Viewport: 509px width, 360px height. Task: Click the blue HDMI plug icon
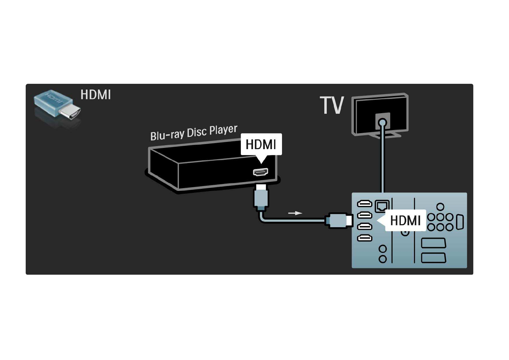pos(57,105)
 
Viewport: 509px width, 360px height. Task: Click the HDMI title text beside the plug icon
pos(96,95)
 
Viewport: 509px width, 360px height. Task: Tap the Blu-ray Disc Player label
pos(194,133)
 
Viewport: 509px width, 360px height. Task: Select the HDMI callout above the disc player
pos(261,144)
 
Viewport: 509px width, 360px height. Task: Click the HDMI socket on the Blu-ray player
pos(261,172)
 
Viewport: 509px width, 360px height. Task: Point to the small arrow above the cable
pos(295,213)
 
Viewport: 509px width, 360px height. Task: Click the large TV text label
pos(332,106)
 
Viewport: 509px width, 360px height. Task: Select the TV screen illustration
pos(380,114)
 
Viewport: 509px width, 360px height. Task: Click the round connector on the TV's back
pos(383,123)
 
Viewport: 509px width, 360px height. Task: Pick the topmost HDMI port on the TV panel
pos(365,204)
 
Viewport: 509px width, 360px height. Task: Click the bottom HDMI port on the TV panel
pos(365,238)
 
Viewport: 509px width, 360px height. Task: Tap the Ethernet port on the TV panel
pos(382,206)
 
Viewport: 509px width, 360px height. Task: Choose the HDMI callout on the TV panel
pos(405,221)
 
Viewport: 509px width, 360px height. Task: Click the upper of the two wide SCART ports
pos(433,243)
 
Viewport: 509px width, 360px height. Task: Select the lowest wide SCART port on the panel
pos(433,258)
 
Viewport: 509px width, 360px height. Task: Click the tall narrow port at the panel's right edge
pos(460,222)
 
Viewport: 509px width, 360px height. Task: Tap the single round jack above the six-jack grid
pos(440,207)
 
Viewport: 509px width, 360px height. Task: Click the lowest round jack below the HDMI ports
pos(383,259)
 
